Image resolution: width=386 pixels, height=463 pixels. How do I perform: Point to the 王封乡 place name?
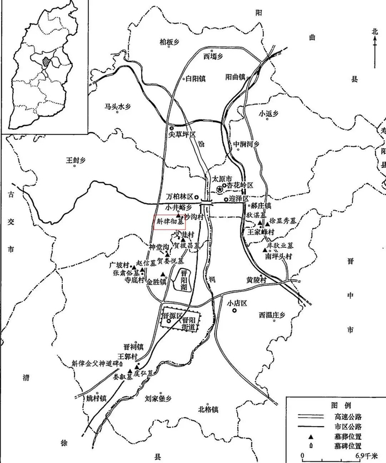point(77,161)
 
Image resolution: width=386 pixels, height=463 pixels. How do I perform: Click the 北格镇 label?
point(208,409)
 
